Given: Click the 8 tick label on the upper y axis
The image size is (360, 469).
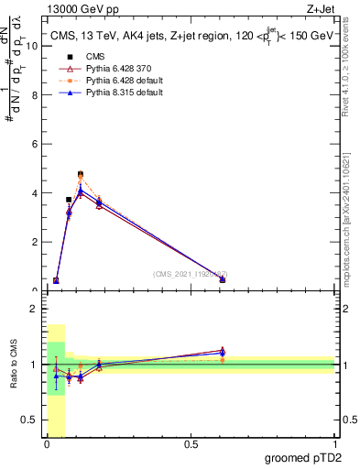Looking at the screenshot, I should click(x=35, y=95).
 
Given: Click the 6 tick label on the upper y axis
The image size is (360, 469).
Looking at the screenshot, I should click(x=35, y=144).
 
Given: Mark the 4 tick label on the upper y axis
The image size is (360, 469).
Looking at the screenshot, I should click(x=35, y=193).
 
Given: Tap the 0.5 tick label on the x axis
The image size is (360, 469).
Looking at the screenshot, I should click(x=191, y=445).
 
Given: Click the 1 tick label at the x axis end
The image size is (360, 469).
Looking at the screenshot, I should click(x=334, y=445).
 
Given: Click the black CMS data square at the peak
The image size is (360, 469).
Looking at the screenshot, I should click(x=81, y=174).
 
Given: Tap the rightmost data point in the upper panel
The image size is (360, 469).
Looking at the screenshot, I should click(x=223, y=279).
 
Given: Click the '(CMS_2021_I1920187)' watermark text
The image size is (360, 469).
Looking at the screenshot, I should click(x=190, y=274).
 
